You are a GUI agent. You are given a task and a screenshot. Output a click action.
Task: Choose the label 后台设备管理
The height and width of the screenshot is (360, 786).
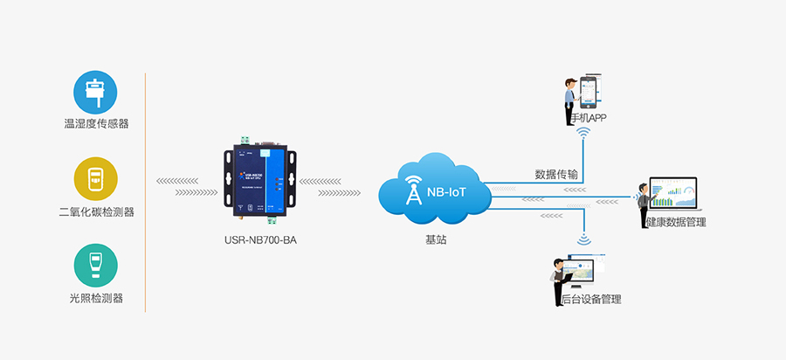click(591, 299)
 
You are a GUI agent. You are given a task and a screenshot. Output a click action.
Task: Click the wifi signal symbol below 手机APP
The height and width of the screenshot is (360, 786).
click(583, 133)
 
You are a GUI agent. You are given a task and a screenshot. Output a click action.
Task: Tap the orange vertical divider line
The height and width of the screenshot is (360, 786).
click(145, 192)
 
